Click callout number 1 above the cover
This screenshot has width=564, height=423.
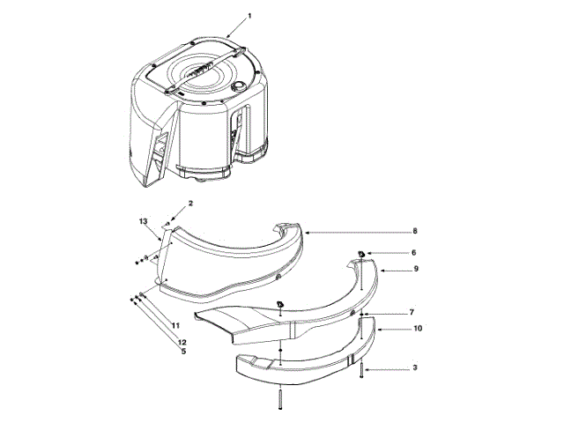point(249,16)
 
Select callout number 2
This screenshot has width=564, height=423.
point(190,204)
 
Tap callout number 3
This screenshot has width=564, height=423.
point(415,367)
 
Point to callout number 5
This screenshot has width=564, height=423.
point(183,352)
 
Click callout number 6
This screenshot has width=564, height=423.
point(413,253)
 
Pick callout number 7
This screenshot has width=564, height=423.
point(412,313)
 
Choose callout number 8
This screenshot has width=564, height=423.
point(415,231)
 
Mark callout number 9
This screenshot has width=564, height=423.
point(416,269)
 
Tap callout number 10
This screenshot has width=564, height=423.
point(418,329)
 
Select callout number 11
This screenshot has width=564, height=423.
point(175,325)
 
